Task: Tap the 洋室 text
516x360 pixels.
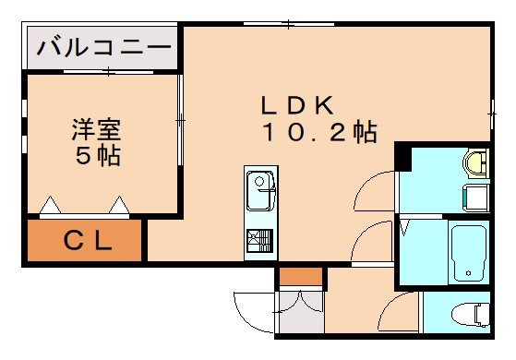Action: [x=97, y=129]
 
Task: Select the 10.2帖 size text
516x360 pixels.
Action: [x=318, y=132]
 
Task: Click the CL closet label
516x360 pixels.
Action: [x=88, y=243]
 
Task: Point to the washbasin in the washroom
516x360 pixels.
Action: [x=476, y=163]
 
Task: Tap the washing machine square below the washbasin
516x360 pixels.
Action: [x=476, y=197]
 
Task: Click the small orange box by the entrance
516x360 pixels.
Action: [x=301, y=276]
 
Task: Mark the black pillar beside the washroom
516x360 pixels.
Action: [x=402, y=156]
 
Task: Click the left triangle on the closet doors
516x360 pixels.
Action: [x=50, y=203]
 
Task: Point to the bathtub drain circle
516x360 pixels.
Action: [x=469, y=273]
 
